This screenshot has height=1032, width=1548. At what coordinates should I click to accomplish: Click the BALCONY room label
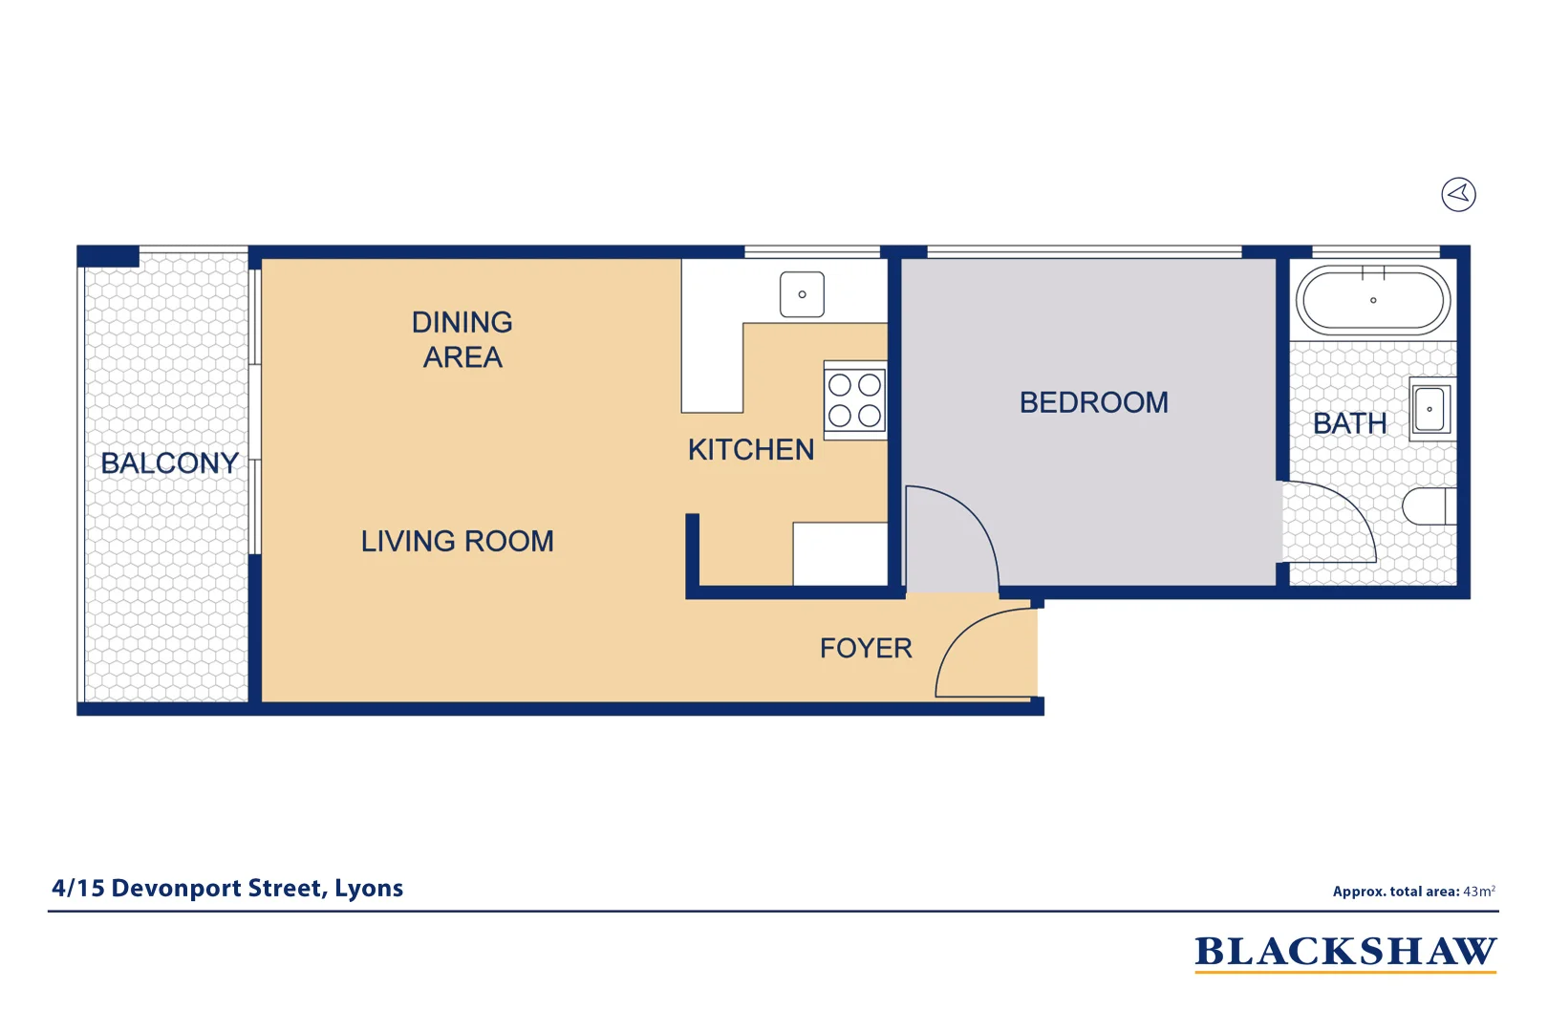pyautogui.click(x=169, y=463)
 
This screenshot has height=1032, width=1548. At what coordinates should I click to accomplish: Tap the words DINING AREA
pyautogui.click(x=462, y=339)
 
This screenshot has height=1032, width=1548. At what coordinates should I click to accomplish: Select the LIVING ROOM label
pyautogui.click(x=457, y=542)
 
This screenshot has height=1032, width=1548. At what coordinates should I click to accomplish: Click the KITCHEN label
pyautogui.click(x=751, y=450)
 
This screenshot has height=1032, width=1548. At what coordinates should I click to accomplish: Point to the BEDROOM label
pyautogui.click(x=1093, y=402)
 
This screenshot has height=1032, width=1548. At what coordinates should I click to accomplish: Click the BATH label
pyautogui.click(x=1349, y=423)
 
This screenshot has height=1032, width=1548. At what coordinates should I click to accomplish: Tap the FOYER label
pyautogui.click(x=866, y=649)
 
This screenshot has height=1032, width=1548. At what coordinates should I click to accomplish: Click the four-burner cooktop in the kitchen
pyautogui.click(x=855, y=400)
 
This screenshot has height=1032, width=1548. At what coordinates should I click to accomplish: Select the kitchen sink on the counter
pyautogui.click(x=802, y=294)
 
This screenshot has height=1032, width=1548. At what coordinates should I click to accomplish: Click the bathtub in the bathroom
pyautogui.click(x=1372, y=300)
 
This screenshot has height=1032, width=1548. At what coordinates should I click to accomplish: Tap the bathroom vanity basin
pyautogui.click(x=1430, y=409)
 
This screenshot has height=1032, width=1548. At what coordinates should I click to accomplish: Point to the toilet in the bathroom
pyautogui.click(x=1428, y=506)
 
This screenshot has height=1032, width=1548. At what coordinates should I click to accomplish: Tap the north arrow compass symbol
pyautogui.click(x=1458, y=195)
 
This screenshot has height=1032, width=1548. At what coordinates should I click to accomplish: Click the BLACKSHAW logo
pyautogui.click(x=1344, y=953)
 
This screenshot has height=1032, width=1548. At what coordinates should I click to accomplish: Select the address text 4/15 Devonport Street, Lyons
pyautogui.click(x=227, y=889)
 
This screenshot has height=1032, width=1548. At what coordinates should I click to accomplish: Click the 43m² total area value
pyautogui.click(x=1478, y=892)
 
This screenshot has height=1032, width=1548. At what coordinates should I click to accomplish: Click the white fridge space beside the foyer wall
pyautogui.click(x=840, y=554)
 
